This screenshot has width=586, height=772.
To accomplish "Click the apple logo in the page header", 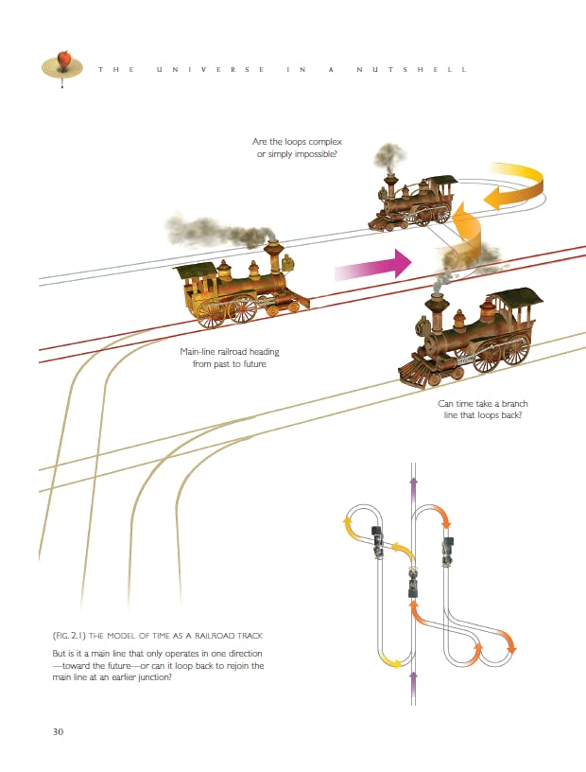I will (63, 61).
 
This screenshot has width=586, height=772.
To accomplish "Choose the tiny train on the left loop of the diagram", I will (378, 541).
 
